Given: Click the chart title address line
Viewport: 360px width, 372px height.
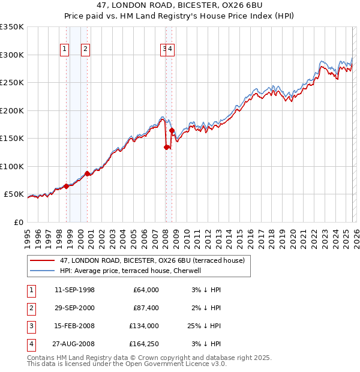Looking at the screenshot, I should (x=179, y=7).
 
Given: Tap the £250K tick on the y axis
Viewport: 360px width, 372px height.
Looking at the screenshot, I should (x=11, y=83).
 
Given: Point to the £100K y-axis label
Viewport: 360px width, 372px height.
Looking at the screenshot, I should (x=11, y=167).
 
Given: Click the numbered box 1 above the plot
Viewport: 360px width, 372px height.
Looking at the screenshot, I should (x=65, y=50).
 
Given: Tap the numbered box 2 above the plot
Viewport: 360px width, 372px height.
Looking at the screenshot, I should (x=86, y=50).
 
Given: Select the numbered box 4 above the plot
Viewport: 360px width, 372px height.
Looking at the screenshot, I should (x=170, y=50).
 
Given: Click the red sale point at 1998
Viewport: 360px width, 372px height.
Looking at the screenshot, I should (x=67, y=186).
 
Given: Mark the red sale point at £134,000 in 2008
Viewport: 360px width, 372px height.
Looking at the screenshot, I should (x=166, y=147).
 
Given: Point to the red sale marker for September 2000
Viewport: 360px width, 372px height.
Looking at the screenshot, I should (x=88, y=173).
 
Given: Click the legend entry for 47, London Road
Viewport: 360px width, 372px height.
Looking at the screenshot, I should (x=152, y=260).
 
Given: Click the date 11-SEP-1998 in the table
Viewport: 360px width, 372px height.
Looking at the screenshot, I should (x=74, y=290).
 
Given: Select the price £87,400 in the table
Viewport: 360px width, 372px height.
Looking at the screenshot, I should (x=144, y=308).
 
